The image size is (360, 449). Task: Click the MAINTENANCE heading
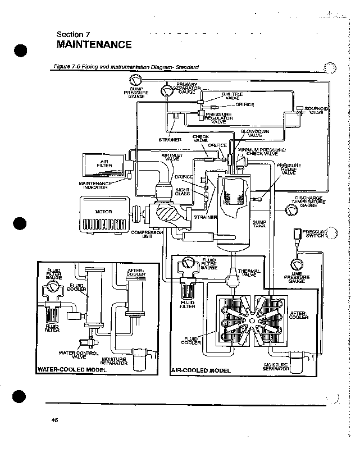(x=94, y=44)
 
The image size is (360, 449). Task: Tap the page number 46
(x=54, y=420)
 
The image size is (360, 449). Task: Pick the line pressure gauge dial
(x=296, y=264)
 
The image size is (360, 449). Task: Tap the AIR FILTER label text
(x=104, y=164)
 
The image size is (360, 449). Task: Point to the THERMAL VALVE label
(x=249, y=273)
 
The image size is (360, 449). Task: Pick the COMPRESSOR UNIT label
(x=148, y=234)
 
